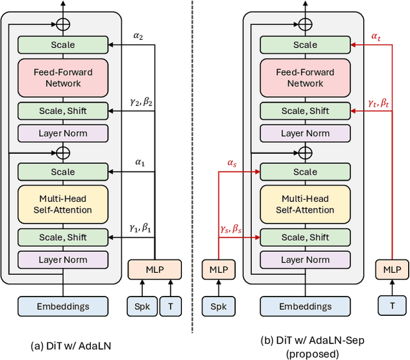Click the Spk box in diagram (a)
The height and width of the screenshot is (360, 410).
[x=142, y=307]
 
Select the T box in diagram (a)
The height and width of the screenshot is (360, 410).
[x=170, y=307]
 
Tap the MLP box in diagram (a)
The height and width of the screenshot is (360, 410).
[x=155, y=269]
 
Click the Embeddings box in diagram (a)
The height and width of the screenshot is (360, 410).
[x=63, y=307]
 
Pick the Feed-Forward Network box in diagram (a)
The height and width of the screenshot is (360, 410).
[x=63, y=78]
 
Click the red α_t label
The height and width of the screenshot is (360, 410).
[x=376, y=37]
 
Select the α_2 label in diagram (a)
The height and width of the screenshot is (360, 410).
[x=139, y=37]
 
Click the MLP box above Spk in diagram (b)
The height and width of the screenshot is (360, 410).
[x=218, y=269]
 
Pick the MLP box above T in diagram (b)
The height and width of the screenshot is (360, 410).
[x=391, y=269]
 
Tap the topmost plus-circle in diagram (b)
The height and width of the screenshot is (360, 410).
[x=306, y=24]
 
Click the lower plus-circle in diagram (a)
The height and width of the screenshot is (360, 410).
[x=63, y=152]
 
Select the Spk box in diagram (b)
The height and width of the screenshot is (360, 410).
[x=218, y=307]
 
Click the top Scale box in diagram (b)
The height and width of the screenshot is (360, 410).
[x=305, y=45]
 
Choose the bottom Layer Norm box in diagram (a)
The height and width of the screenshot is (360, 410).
[x=63, y=259]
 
